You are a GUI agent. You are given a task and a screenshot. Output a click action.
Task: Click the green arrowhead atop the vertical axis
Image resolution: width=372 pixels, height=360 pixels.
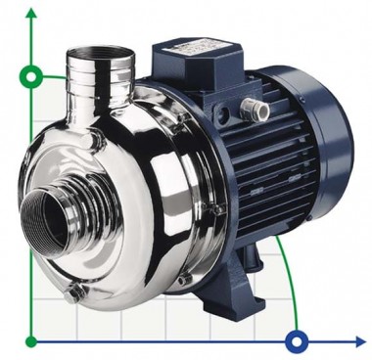(31, 12)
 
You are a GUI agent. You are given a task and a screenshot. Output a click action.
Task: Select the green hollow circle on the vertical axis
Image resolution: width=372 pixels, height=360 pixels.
(31, 75)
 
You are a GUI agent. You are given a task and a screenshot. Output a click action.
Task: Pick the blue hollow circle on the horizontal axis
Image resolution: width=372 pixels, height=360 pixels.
(297, 341)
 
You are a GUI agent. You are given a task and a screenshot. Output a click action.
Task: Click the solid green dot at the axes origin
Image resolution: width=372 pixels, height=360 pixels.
(31, 341)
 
